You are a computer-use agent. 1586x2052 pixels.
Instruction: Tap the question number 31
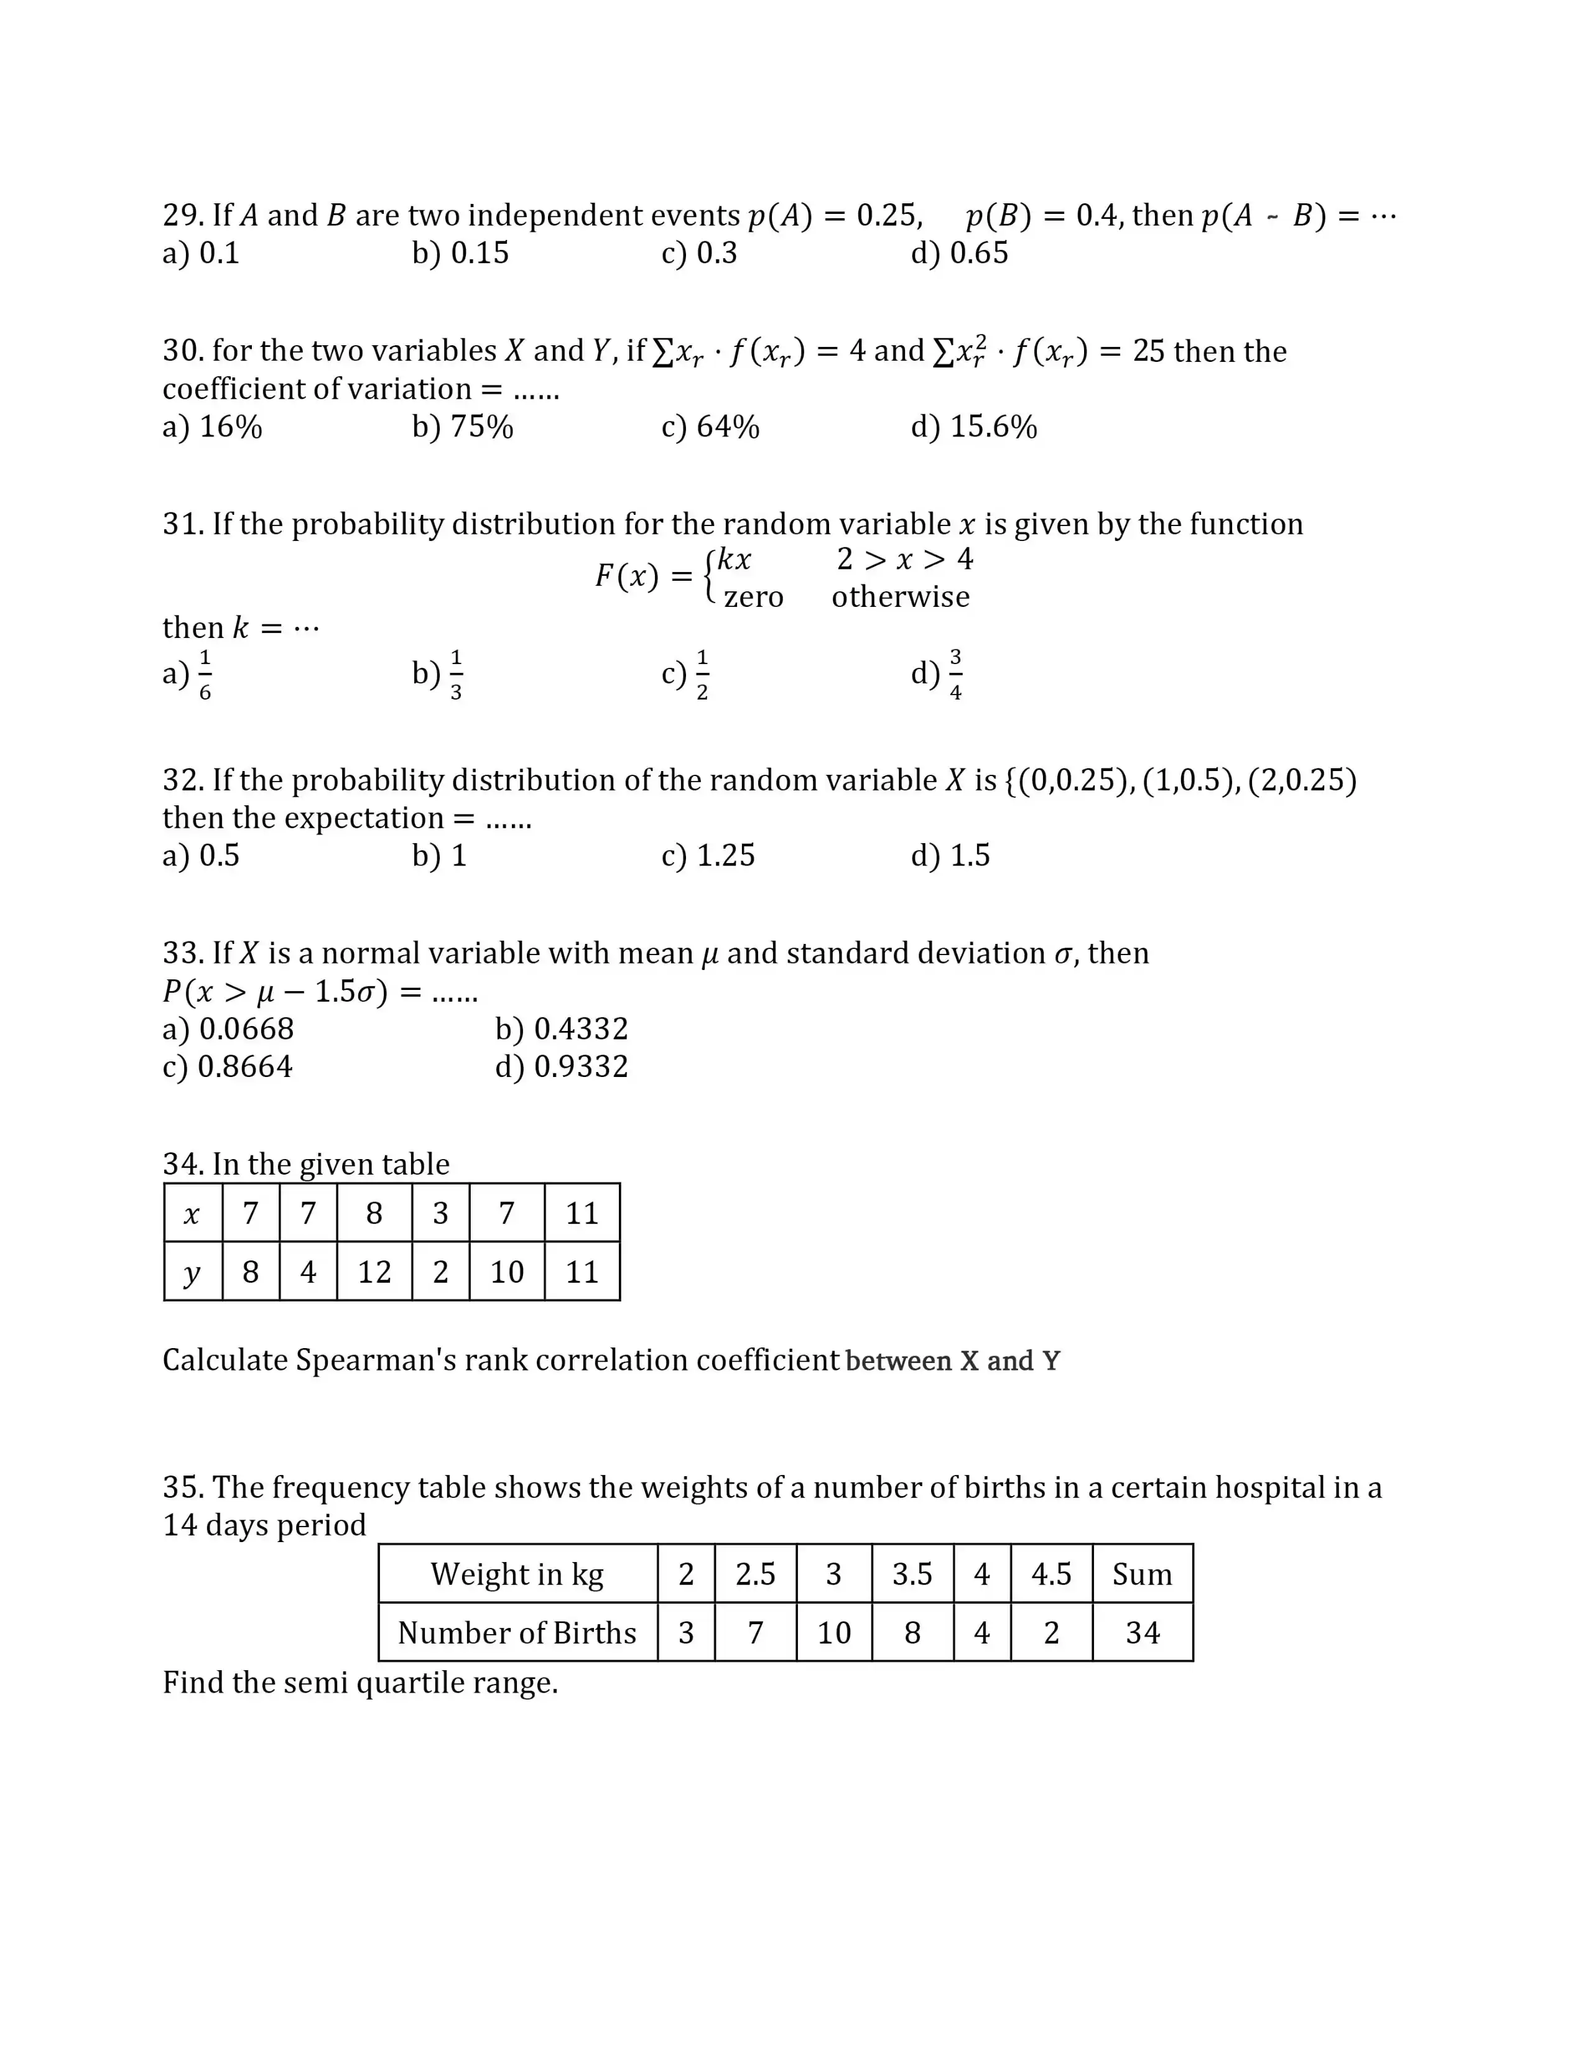pyautogui.click(x=183, y=524)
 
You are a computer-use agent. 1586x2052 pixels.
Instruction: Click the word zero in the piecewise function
pyautogui.click(x=754, y=598)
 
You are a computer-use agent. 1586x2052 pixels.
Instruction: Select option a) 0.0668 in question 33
pyautogui.click(x=228, y=1029)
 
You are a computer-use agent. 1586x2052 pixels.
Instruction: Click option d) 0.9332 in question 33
pyautogui.click(x=562, y=1066)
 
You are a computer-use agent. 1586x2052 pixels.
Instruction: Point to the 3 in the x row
pyautogui.click(x=440, y=1213)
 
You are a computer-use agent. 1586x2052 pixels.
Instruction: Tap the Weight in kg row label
pyautogui.click(x=517, y=1574)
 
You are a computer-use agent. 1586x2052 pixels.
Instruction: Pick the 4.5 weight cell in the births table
pyautogui.click(x=1050, y=1574)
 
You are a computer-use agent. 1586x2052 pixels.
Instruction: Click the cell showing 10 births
pyautogui.click(x=833, y=1633)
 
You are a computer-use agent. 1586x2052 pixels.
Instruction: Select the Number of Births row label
pyautogui.click(x=517, y=1633)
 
